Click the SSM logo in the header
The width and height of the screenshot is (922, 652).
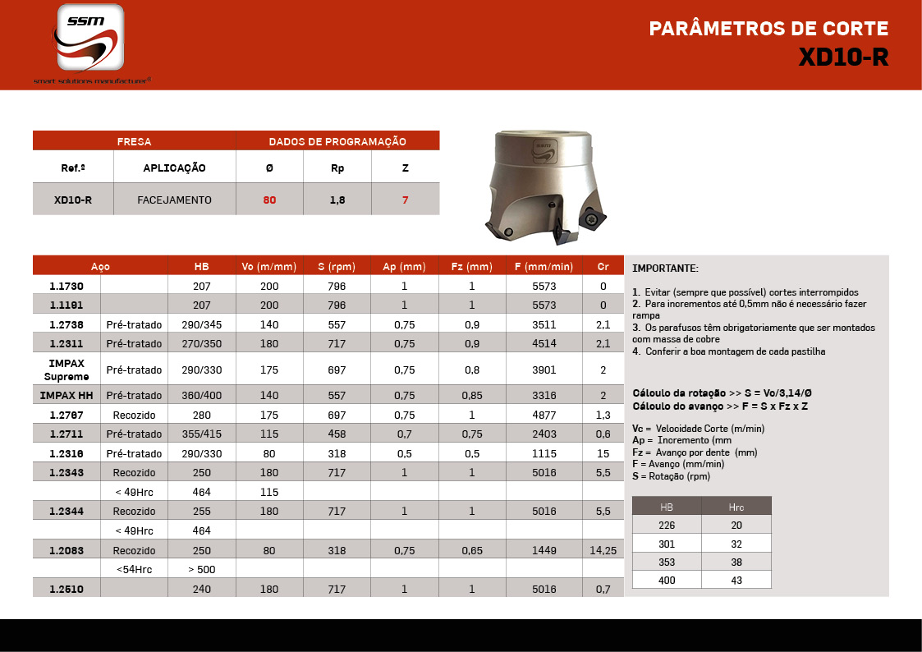pos(90,38)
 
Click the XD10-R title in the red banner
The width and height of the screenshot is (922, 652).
pos(843,57)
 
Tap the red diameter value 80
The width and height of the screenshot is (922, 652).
pos(269,200)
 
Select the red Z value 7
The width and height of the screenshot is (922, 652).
pos(405,200)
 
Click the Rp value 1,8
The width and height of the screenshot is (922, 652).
pos(337,200)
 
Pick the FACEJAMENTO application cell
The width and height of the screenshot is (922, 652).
pos(174,200)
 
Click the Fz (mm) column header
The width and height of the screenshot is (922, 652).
pos(472,267)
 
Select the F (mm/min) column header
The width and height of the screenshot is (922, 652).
pos(544,267)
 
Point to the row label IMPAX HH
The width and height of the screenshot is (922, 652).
pos(67,396)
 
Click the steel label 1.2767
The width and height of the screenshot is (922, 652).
pos(67,415)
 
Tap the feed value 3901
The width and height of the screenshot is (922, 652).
pos(544,370)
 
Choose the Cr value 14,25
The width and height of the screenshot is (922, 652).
pos(603,550)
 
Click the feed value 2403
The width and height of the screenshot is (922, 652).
pos(544,434)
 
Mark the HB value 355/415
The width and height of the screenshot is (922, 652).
pos(202,434)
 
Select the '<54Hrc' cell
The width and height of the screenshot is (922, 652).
pos(134,569)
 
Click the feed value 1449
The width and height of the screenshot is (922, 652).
pos(544,550)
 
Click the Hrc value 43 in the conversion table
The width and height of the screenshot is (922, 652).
pos(736,580)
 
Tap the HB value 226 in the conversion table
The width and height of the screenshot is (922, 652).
pos(667,524)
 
